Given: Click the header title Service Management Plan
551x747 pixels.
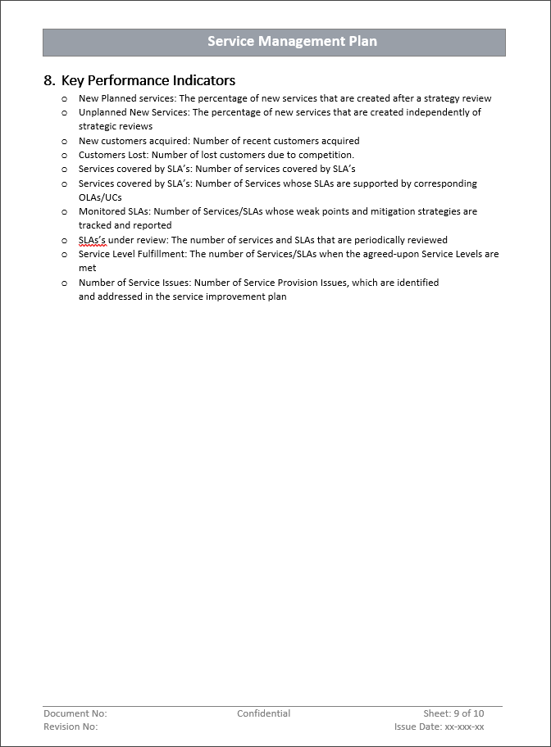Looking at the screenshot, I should tap(292, 42).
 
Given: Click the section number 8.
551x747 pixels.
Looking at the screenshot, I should tap(49, 80).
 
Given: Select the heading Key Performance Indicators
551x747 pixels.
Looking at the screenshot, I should tap(148, 80).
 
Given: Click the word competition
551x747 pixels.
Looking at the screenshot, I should tap(326, 155).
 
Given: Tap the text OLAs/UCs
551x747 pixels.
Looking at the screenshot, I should tap(100, 197).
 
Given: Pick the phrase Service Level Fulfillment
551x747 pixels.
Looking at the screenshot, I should tap(131, 254).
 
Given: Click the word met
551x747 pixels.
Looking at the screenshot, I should tap(87, 268).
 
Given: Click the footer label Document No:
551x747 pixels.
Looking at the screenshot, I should tap(75, 713).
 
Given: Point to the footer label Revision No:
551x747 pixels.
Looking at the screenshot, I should tap(71, 727).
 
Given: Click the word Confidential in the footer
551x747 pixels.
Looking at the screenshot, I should tap(263, 713).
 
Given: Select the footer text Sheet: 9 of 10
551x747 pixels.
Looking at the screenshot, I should tap(453, 713).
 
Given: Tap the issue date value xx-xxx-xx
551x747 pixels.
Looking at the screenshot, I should tap(464, 727).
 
